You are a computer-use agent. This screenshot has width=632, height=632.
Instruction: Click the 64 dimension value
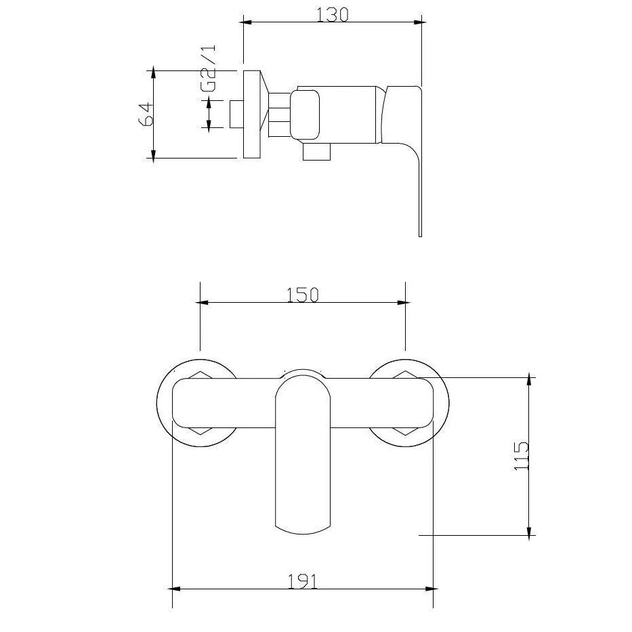pyautogui.click(x=145, y=114)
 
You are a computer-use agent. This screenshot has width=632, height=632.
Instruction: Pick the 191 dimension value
pyautogui.click(x=302, y=581)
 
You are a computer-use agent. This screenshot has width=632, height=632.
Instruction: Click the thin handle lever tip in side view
pyautogui.click(x=420, y=203)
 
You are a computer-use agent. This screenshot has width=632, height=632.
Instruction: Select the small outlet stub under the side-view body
pyautogui.click(x=315, y=153)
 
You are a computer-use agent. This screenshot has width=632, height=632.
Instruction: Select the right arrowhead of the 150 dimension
pyautogui.click(x=402, y=302)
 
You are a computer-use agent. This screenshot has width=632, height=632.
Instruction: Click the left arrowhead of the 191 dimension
pyautogui.click(x=173, y=589)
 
